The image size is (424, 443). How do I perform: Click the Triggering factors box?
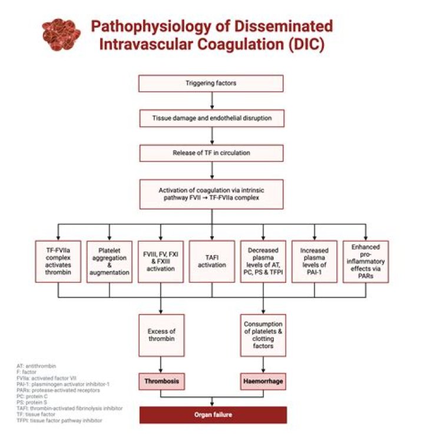tap(211, 84)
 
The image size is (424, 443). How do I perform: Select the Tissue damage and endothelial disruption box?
tap(211, 118)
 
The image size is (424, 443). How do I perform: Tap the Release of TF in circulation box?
tap(211, 153)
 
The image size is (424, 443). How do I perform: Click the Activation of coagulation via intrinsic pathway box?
tap(211, 194)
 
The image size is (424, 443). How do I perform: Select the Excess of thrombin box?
tap(160, 335)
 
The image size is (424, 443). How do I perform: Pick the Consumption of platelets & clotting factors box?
tap(263, 335)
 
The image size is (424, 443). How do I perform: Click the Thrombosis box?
tap(160, 382)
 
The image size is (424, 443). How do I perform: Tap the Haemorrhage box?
tap(263, 382)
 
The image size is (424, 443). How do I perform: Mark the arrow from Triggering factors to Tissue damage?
tap(211, 101)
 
